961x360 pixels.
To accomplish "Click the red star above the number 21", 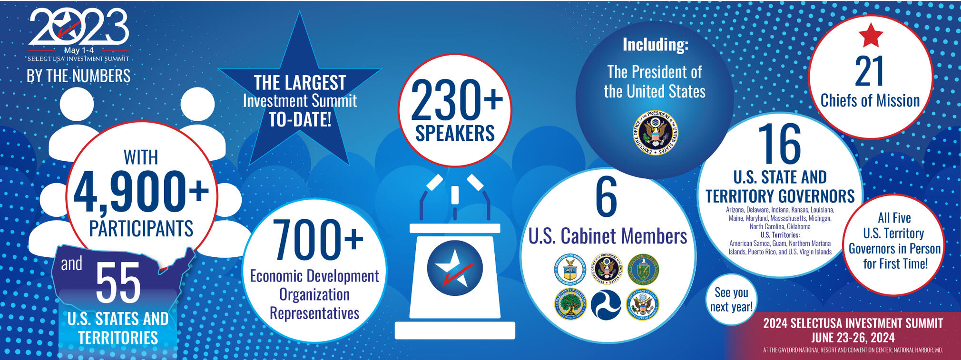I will click(x=871, y=35).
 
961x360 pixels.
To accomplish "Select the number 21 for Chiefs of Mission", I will click(x=869, y=72).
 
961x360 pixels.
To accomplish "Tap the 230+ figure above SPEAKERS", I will click(x=456, y=100).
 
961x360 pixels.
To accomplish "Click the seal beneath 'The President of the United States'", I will click(x=656, y=132).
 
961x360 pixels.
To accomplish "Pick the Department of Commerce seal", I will click(x=569, y=269).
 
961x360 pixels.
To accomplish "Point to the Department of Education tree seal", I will click(x=569, y=304).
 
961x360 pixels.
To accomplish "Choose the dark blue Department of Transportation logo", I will click(x=606, y=305).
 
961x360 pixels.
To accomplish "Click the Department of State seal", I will click(x=642, y=304).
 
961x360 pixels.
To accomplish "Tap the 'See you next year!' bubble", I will click(x=731, y=300).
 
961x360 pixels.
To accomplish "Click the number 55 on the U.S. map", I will click(x=118, y=283).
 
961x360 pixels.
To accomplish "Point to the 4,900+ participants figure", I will click(x=141, y=191).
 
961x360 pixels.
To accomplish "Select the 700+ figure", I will click(x=317, y=240).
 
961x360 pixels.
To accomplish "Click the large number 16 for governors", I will click(x=779, y=145).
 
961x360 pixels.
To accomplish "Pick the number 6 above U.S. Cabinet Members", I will click(x=606, y=197).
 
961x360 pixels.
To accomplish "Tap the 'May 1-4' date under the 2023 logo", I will click(x=78, y=50).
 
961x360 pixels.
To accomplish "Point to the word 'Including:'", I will click(x=655, y=45).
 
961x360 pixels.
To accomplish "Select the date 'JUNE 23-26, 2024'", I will click(x=853, y=338).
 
